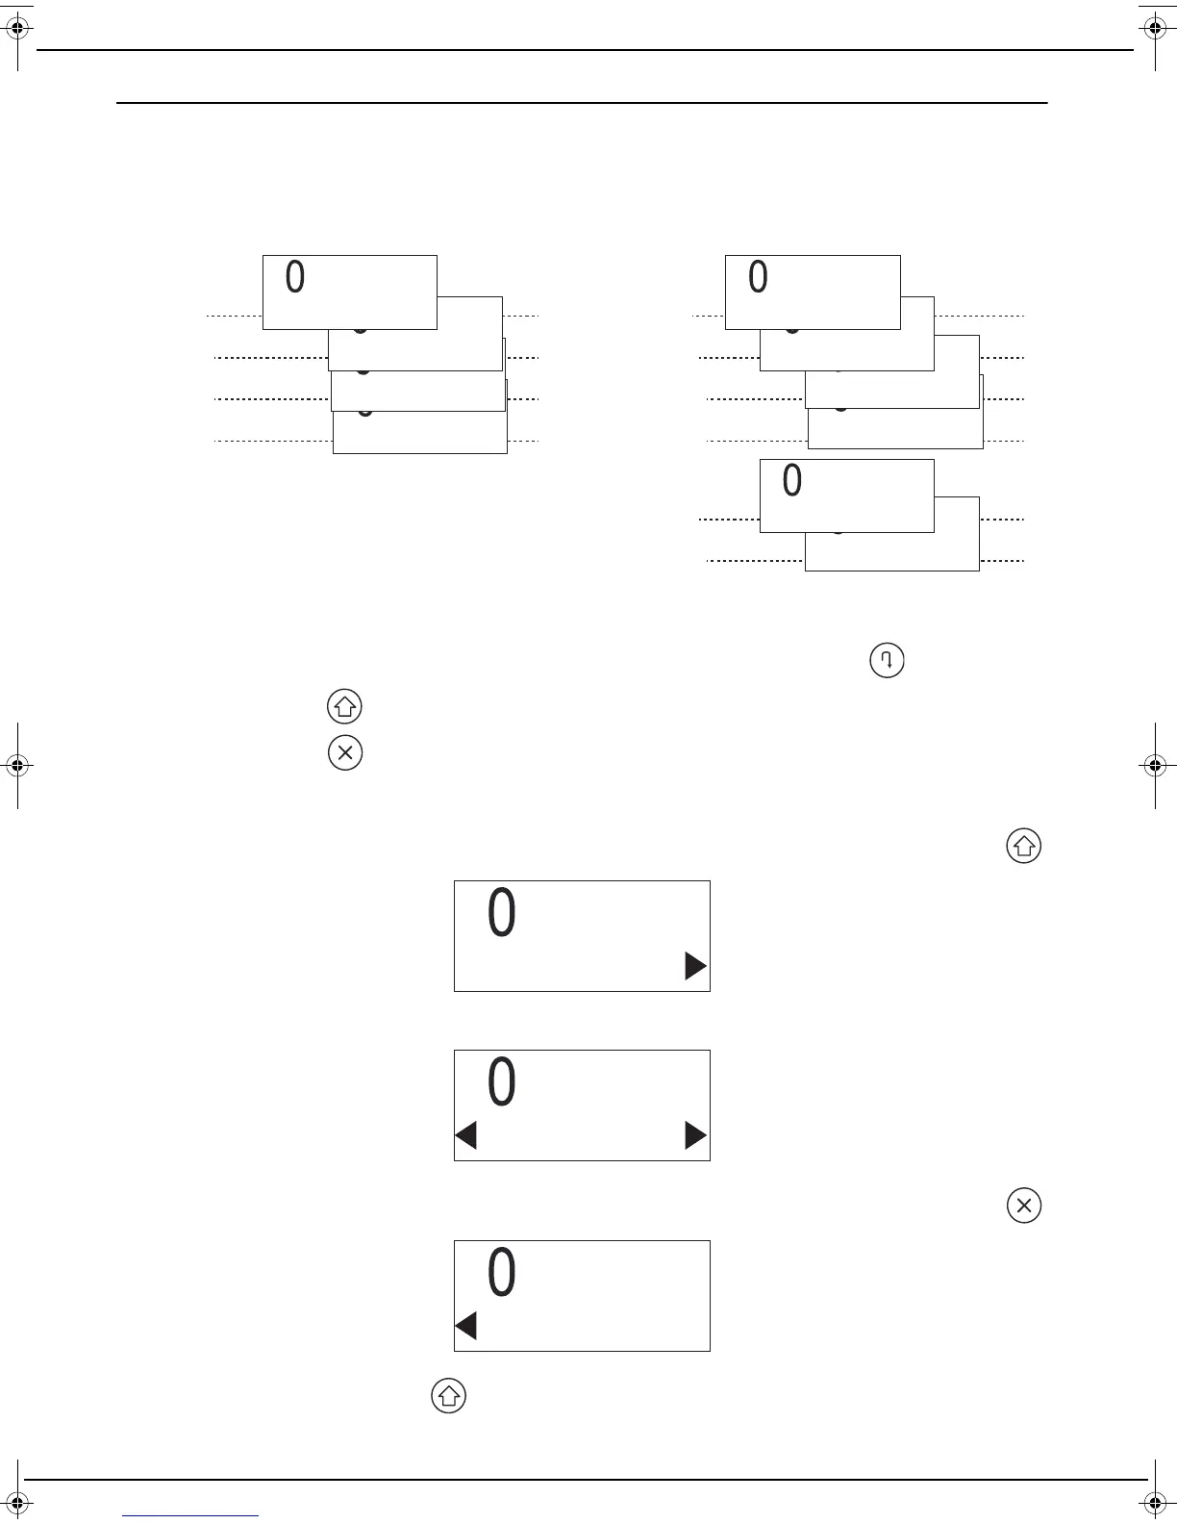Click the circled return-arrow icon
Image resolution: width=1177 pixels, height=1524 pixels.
(x=887, y=661)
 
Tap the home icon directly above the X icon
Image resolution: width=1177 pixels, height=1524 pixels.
(x=345, y=707)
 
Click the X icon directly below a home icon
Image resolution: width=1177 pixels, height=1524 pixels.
(x=345, y=752)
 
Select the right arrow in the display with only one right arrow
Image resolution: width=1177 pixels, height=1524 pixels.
(x=695, y=966)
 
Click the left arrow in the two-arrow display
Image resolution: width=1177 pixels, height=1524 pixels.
(x=466, y=1136)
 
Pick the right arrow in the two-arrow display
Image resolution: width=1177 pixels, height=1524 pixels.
(x=695, y=1136)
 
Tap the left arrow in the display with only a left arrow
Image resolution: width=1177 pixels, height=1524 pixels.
(x=466, y=1327)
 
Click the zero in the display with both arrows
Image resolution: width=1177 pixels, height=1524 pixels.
(x=502, y=1082)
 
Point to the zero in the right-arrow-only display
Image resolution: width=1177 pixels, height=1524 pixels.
(x=502, y=913)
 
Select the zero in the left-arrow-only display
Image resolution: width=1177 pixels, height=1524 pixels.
(x=502, y=1273)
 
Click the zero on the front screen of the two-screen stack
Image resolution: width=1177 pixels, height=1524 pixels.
(x=791, y=480)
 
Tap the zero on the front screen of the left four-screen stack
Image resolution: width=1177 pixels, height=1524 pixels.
(x=295, y=277)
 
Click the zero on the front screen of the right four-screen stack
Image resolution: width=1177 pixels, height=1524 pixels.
(x=758, y=277)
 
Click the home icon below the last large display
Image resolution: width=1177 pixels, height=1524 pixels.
(x=448, y=1396)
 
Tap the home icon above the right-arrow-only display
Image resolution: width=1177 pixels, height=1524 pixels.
(x=1024, y=847)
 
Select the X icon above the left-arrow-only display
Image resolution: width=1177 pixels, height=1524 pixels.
(x=1024, y=1206)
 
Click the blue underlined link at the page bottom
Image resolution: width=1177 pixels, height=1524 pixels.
(x=190, y=1515)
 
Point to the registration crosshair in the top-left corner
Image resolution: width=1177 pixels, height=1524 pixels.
(x=18, y=30)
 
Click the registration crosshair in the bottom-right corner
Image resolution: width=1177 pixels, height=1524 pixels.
(x=1155, y=1501)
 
